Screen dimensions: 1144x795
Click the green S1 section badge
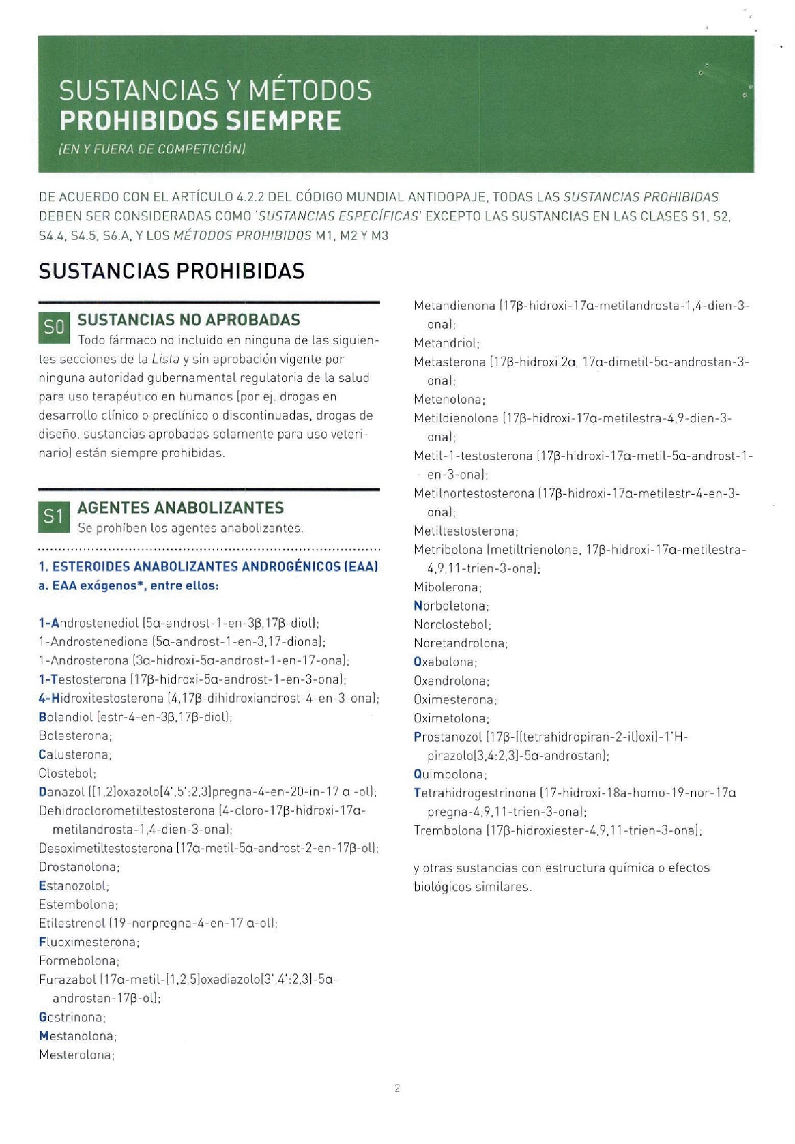(x=54, y=517)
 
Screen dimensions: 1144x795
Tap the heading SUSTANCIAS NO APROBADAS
(x=189, y=320)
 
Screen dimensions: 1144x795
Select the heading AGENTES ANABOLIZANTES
(x=181, y=508)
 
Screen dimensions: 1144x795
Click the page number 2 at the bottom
(x=397, y=1088)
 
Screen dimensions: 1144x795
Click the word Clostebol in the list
(x=67, y=773)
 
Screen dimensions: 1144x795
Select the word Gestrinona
(x=71, y=1017)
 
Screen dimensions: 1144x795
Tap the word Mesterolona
(x=75, y=1055)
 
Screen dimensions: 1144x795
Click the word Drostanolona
(x=78, y=867)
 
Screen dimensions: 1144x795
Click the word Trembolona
(x=448, y=830)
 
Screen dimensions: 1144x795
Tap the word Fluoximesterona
(x=88, y=942)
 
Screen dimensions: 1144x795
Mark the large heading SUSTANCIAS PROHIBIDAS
(x=171, y=271)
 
